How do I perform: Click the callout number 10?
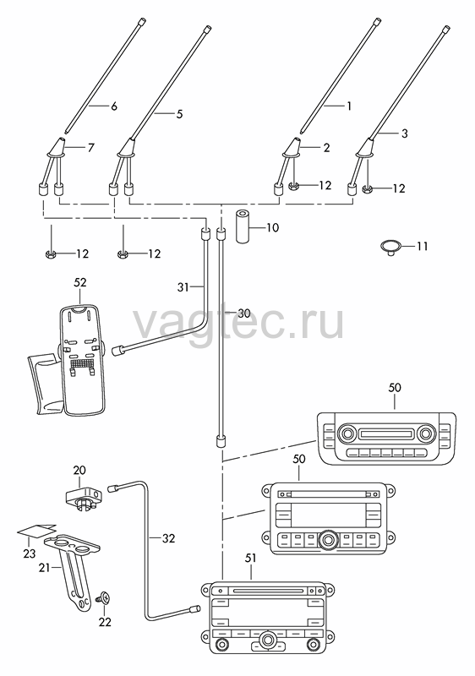pos(272,227)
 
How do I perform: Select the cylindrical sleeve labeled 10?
pos(243,227)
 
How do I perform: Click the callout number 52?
pos(80,282)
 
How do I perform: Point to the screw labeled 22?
pos(105,597)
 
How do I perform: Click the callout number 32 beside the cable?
pos(168,538)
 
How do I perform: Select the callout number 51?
pos(250,558)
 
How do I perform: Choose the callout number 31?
pos(183,286)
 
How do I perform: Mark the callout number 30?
pos(244,313)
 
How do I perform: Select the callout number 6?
pos(114,106)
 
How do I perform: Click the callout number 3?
pos(404,134)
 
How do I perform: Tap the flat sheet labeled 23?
pos(36,532)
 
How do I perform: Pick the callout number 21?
pos(45,568)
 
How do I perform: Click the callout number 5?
pos(179,114)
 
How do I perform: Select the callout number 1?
pos(349,106)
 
